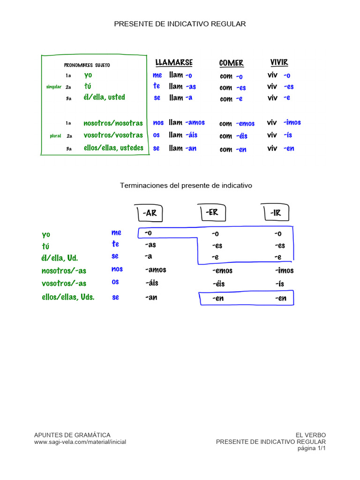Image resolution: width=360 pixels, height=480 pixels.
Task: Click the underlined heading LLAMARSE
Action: tap(174, 62)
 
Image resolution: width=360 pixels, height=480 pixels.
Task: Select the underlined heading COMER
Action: tap(231, 63)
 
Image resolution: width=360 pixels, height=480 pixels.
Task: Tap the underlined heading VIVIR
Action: tap(279, 62)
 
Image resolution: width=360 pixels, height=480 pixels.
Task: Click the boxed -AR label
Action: tap(150, 213)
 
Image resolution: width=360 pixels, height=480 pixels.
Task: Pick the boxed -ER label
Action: tap(212, 212)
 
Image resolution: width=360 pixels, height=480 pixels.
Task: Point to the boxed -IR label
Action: tap(276, 212)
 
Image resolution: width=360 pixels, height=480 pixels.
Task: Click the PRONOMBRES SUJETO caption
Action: tap(87, 65)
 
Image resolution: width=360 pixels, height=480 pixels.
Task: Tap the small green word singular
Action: tap(54, 87)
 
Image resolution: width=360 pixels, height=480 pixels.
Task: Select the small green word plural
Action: tap(55, 135)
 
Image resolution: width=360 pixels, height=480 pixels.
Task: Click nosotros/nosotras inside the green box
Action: tap(113, 123)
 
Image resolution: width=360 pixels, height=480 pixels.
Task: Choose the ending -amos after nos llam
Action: tap(195, 122)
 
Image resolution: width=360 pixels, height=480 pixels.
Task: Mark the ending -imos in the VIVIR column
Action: tap(292, 122)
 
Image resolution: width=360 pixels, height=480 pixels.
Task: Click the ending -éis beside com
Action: tap(241, 135)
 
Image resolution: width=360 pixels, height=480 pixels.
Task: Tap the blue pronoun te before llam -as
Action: tap(157, 86)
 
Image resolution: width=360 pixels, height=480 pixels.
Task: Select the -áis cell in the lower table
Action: tap(152, 283)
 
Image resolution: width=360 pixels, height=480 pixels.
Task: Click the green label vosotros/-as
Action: tap(64, 283)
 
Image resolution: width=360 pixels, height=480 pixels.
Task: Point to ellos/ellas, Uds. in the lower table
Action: tap(68, 297)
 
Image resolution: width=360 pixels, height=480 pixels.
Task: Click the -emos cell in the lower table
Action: tap(223, 270)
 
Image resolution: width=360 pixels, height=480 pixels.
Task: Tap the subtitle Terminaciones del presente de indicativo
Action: tap(186, 186)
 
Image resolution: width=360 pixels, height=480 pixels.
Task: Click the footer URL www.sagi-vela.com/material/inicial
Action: tap(80, 442)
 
